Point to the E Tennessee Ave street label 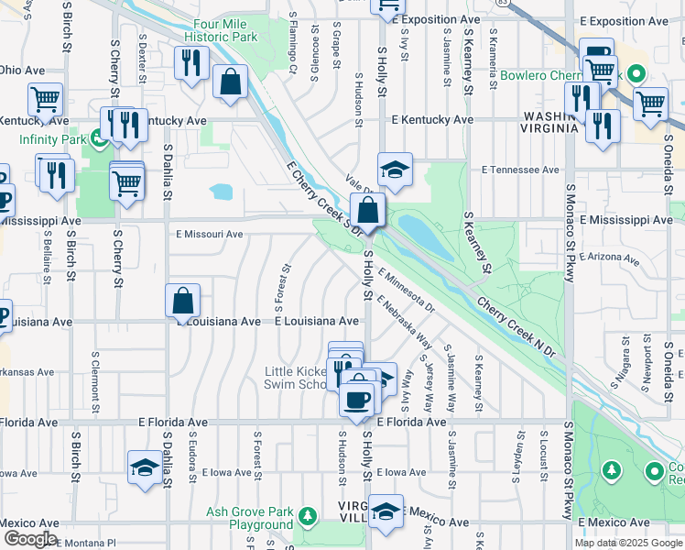(x=520, y=170)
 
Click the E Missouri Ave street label (x=210, y=234)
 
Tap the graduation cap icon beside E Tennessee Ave (x=395, y=170)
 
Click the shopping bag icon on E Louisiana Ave (x=183, y=299)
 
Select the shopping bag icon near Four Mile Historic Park (x=230, y=82)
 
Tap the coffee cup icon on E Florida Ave (x=356, y=398)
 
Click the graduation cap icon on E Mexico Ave (x=386, y=511)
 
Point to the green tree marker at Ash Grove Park (x=309, y=518)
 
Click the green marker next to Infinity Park (x=97, y=139)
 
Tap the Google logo (x=29, y=539)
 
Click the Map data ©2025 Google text (x=627, y=543)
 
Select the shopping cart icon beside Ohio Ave (x=45, y=98)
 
